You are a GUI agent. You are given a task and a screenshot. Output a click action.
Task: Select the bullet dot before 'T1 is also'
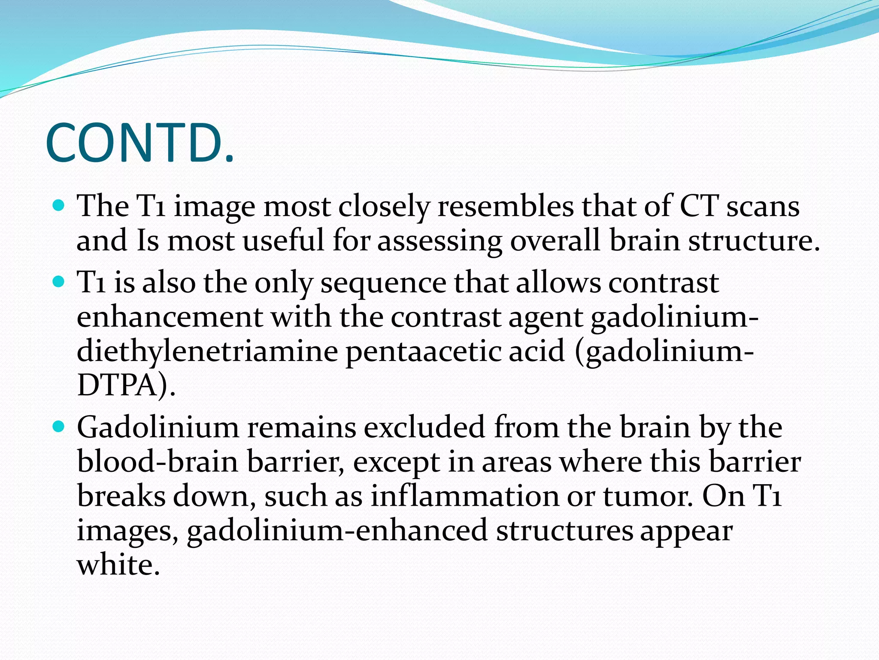[x=59, y=282]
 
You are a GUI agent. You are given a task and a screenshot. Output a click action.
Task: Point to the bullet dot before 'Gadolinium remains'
[x=59, y=427]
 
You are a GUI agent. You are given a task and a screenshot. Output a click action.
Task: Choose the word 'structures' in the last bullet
[x=564, y=531]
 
